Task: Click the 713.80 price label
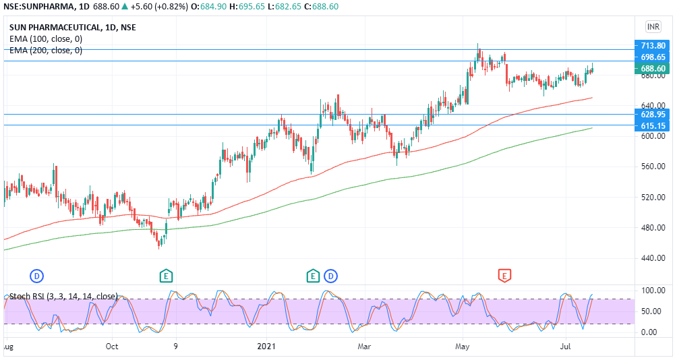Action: [x=653, y=45]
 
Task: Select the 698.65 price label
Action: [x=653, y=57]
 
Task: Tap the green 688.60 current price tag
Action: [x=653, y=69]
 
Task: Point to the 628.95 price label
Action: [x=653, y=115]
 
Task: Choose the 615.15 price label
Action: [x=653, y=126]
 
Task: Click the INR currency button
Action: [x=653, y=26]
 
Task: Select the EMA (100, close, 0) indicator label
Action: [x=46, y=39]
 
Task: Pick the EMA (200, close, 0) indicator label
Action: [x=46, y=51]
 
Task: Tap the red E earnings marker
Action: [x=504, y=275]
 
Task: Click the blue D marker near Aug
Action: [x=36, y=275]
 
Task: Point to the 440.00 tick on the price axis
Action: [x=653, y=258]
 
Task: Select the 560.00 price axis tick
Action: [x=653, y=167]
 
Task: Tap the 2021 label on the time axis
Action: [x=266, y=347]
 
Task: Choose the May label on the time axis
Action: [x=462, y=347]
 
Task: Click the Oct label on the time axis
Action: [x=112, y=347]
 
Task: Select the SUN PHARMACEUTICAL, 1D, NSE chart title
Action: [x=72, y=28]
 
